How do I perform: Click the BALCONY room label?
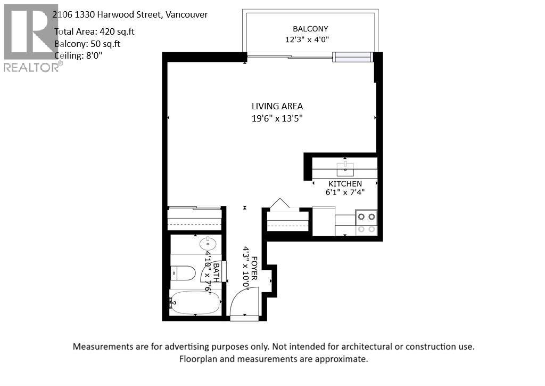310,29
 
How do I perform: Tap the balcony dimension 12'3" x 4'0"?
310,39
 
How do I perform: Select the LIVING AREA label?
277,107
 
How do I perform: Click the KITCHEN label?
345,184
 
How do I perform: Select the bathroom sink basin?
208,245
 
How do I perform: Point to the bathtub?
195,303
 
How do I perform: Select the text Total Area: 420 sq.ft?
95,31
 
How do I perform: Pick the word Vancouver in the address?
186,14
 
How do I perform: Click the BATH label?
217,275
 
